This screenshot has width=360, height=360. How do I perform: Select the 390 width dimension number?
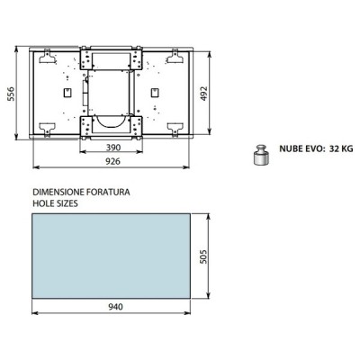tap(112, 147)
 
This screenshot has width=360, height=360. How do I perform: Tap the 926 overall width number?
tap(112, 161)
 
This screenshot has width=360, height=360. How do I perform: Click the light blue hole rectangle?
tap(112, 256)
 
